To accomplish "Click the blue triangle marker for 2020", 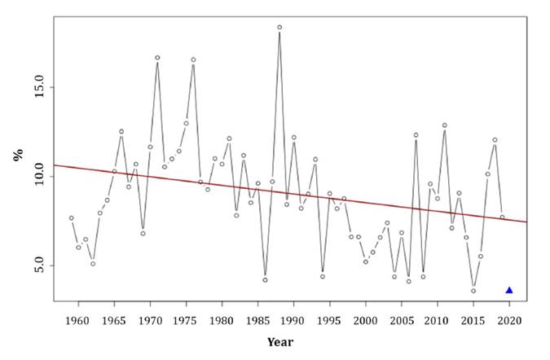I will (x=509, y=290).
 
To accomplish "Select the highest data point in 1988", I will (x=279, y=27).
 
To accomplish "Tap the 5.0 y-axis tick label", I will (x=35, y=266).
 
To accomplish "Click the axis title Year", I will (x=280, y=342).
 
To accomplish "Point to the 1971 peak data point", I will (x=157, y=58).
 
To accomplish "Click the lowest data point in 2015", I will (x=473, y=291).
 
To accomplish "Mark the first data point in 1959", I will (x=71, y=218).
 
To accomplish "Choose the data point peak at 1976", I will (x=193, y=59).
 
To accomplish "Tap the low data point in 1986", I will (x=265, y=279).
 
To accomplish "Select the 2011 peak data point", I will (x=445, y=125).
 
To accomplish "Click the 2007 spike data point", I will (x=416, y=135).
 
